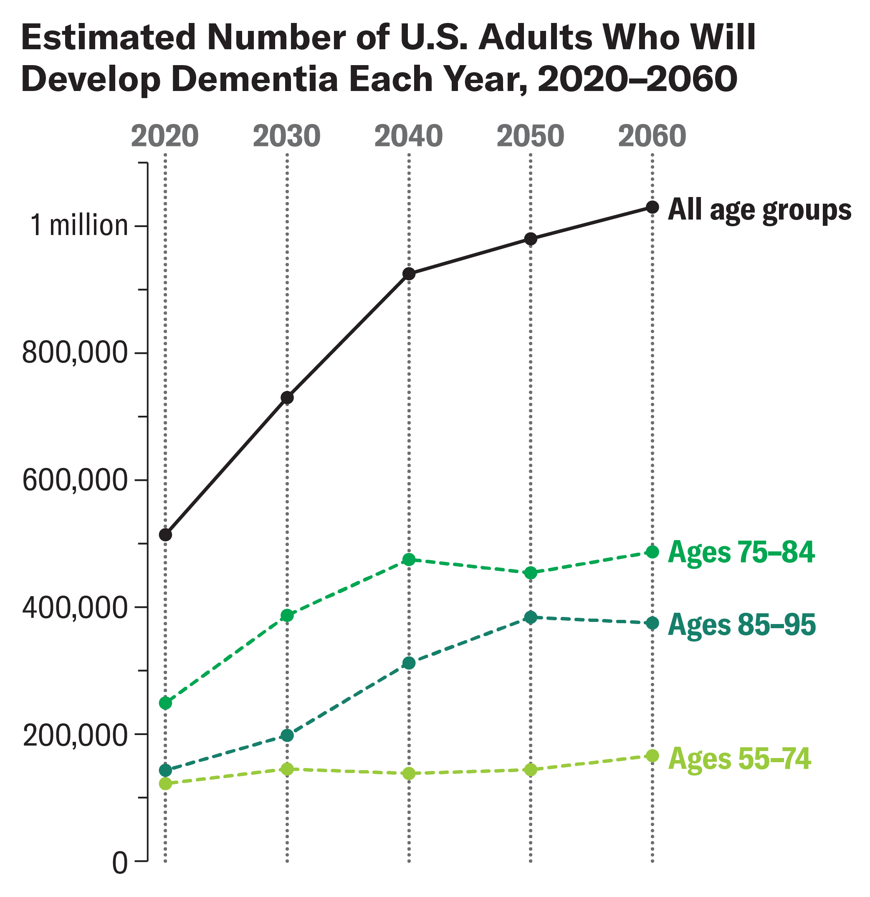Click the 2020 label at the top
[165, 136]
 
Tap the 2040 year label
[408, 136]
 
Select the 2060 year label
[652, 136]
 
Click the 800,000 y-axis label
[75, 353]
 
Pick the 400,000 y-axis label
[75, 608]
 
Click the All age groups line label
[760, 210]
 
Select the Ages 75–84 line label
[741, 552]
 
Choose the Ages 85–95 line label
[742, 625]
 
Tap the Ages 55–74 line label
[740, 758]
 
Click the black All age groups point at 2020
[165, 535]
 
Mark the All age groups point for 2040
[409, 274]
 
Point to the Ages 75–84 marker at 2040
[409, 559]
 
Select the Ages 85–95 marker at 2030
[287, 735]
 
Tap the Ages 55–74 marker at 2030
[287, 769]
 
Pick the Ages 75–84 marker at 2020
[165, 703]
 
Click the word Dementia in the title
[256, 79]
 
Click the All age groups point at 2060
[652, 207]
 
